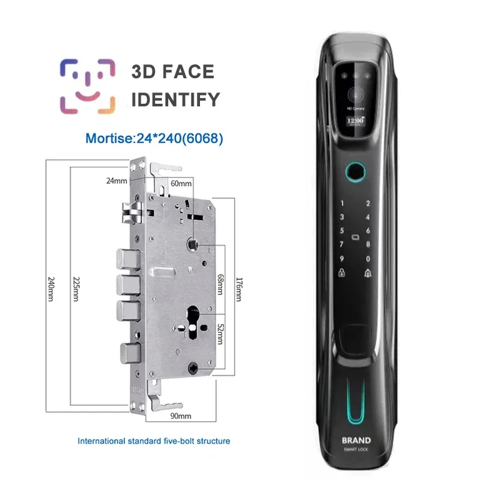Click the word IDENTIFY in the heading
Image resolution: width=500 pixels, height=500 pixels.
(176, 99)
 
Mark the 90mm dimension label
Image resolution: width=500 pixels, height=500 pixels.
(180, 416)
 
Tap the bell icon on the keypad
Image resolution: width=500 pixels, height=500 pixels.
(368, 272)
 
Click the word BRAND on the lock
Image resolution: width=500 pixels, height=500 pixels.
(356, 440)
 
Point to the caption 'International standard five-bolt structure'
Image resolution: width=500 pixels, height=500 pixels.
(154, 441)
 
